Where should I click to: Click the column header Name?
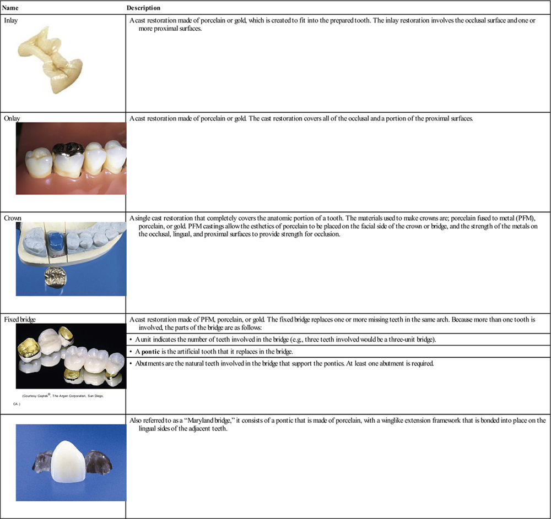coord(10,8)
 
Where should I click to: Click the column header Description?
coord(143,8)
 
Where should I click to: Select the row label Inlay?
coord(11,20)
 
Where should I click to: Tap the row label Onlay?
coord(12,118)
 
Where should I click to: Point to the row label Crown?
coord(13,218)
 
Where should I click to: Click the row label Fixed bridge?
coord(20,319)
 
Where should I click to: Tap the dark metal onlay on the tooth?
coord(68,149)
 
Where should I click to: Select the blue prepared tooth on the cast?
coord(56,242)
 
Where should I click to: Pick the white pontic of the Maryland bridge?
coord(69,463)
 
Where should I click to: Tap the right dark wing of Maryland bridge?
coord(98,461)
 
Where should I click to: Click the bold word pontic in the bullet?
coord(150,352)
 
